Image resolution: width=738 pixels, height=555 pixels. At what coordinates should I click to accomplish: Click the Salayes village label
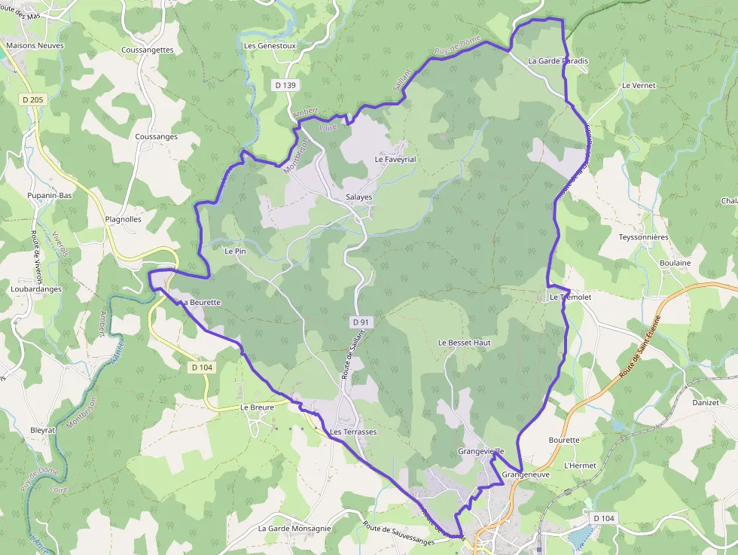point(358,197)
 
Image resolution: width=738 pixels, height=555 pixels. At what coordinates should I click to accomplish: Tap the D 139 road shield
point(285,86)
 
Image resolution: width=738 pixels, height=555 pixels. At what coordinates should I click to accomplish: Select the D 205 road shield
point(33,99)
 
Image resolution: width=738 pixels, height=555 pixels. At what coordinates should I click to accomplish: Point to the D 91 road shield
point(361,322)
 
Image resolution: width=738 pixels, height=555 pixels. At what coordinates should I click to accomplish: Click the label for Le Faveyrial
point(395,160)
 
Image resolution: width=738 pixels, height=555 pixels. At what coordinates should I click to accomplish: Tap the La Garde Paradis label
point(558,61)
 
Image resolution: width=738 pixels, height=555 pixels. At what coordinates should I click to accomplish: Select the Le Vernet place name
point(639,86)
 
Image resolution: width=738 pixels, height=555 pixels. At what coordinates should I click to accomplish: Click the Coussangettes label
point(147,50)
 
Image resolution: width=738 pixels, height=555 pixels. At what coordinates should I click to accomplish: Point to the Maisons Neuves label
point(35,46)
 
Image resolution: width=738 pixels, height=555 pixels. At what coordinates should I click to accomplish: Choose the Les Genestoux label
point(270,46)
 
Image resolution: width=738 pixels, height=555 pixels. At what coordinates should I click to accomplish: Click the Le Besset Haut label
point(464,343)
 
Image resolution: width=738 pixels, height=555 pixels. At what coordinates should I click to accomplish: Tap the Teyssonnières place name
point(643,237)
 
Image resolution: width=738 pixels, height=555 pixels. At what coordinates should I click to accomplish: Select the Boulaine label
point(675,263)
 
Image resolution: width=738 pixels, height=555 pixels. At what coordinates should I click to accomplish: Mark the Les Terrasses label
point(353,432)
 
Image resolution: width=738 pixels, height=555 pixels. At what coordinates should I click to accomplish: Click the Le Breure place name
point(257,407)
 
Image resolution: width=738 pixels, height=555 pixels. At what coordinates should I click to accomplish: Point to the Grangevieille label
point(480,451)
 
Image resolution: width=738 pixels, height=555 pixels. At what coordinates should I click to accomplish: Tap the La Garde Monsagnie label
point(294,529)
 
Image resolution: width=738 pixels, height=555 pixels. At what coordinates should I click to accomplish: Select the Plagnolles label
point(124,220)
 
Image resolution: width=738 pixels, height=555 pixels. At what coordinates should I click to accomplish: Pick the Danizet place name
point(706,403)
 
